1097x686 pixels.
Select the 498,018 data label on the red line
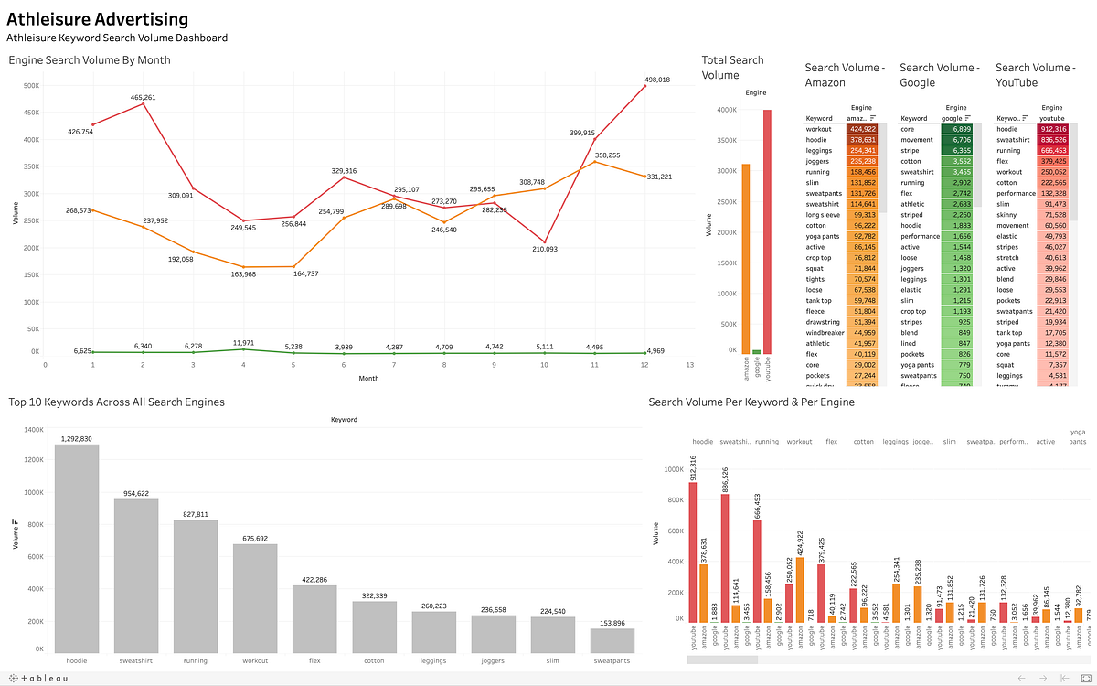[652, 80]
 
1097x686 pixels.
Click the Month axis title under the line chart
[368, 378]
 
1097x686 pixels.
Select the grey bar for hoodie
[77, 547]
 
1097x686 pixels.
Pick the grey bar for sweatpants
[612, 639]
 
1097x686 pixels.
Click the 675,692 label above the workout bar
[255, 538]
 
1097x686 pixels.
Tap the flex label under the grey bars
[314, 660]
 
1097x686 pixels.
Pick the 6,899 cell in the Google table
[955, 130]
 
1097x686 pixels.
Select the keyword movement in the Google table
[917, 140]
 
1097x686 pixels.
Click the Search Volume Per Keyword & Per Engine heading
[751, 402]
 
